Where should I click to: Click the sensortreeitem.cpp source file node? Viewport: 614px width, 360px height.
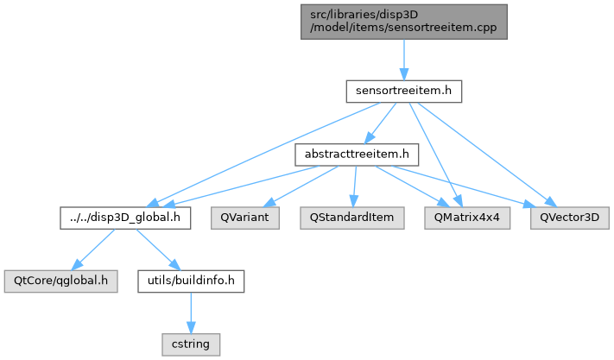point(403,22)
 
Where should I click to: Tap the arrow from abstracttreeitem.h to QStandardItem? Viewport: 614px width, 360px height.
point(354,185)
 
